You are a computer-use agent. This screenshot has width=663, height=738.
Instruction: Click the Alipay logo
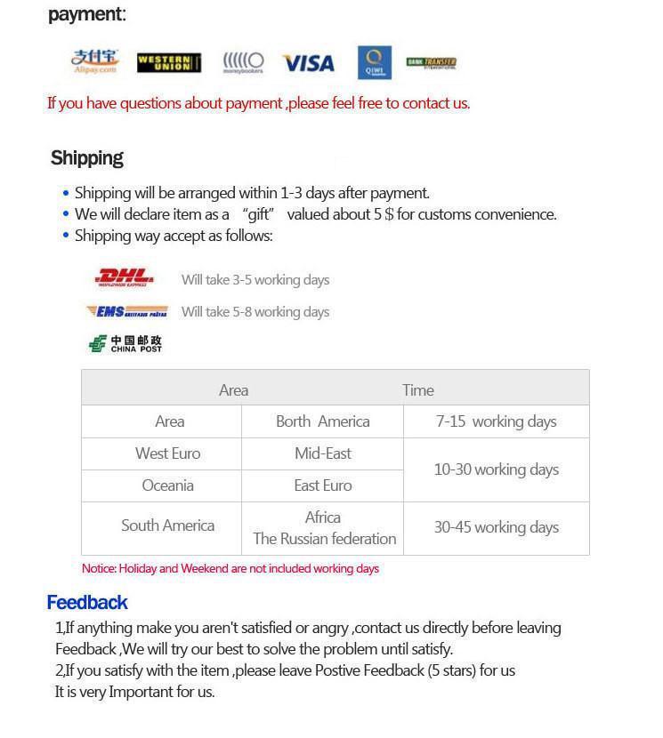coord(93,62)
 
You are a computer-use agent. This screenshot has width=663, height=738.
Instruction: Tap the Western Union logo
coord(169,62)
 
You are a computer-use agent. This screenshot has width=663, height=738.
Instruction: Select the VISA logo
coord(308,63)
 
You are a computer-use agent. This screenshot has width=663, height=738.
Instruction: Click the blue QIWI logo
coord(375,62)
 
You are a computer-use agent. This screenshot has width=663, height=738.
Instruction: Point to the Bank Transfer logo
coord(432,62)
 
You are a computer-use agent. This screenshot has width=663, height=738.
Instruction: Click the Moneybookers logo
coord(243,62)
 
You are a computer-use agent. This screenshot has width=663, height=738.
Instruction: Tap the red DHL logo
coord(125,278)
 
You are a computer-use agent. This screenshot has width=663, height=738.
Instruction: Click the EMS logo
coord(127,311)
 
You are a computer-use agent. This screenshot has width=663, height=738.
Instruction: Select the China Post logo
coord(125,343)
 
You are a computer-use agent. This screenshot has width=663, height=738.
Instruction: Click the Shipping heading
coord(87,158)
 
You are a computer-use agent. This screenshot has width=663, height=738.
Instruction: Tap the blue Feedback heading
coord(87,602)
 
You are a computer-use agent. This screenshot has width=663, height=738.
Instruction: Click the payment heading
coord(87,14)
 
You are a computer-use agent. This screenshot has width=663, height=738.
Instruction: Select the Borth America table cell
coord(322,421)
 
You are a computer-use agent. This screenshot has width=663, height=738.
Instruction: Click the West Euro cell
coord(167,453)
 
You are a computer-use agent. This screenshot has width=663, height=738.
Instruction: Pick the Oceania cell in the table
coord(167,485)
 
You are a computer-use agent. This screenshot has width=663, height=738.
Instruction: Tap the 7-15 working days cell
coord(496,421)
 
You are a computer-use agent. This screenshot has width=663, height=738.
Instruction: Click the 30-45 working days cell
coord(496,527)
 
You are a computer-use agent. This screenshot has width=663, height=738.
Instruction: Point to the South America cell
coord(167,525)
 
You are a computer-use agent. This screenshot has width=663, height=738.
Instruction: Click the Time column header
coord(417,389)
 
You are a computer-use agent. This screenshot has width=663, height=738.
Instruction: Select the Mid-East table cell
coord(322,453)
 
